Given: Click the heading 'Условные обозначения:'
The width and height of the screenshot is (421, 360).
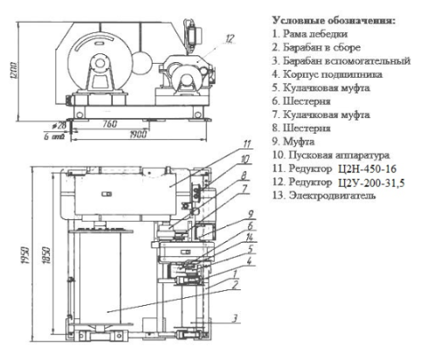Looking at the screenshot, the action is pyautogui.click(x=334, y=21).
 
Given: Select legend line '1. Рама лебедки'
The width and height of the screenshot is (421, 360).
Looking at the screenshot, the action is pyautogui.click(x=310, y=34).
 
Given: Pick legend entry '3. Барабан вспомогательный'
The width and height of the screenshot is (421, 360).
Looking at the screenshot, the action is pyautogui.click(x=342, y=61).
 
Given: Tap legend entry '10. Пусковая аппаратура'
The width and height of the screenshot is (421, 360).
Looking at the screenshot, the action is pyautogui.click(x=331, y=155).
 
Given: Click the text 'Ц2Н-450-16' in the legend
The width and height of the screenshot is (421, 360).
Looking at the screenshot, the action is pyautogui.click(x=367, y=169).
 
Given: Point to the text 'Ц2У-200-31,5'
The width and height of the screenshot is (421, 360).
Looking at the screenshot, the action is pyautogui.click(x=371, y=183).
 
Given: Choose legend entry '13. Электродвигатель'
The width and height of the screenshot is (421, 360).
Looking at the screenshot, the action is pyautogui.click(x=324, y=196).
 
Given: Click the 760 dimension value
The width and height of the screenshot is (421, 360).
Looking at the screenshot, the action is pyautogui.click(x=109, y=124).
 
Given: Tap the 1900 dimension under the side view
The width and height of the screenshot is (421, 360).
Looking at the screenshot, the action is pyautogui.click(x=137, y=135).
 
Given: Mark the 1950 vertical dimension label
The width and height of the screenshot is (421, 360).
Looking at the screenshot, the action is pyautogui.click(x=26, y=255).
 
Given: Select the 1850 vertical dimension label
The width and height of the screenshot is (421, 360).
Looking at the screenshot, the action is pyautogui.click(x=47, y=255).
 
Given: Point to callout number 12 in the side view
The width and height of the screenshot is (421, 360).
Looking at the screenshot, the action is pyautogui.click(x=230, y=38).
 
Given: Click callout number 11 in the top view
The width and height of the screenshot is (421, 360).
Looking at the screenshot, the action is pyautogui.click(x=247, y=144).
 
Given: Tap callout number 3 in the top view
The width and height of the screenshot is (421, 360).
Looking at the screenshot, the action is pyautogui.click(x=235, y=318).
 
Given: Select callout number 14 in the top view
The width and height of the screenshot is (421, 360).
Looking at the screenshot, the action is pyautogui.click(x=249, y=238).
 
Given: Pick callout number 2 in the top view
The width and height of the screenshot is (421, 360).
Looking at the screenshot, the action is pyautogui.click(x=235, y=285).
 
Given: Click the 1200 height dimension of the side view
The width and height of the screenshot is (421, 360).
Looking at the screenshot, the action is pyautogui.click(x=15, y=70).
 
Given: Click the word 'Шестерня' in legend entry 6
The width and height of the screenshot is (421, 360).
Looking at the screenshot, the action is pyautogui.click(x=307, y=101).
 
